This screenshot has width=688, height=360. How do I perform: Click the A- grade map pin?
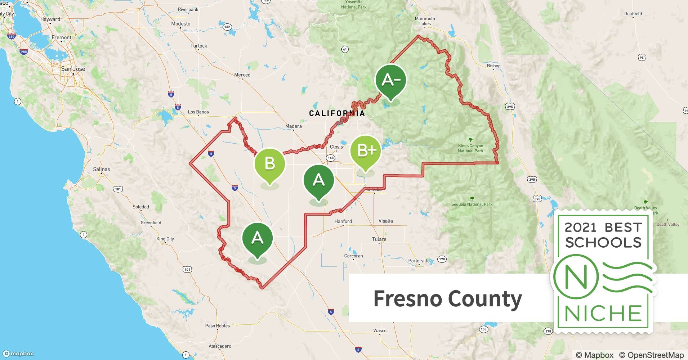[x=390, y=80]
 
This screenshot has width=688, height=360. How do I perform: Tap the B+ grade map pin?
[x=366, y=151]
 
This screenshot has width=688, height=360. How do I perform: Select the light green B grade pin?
[x=270, y=164]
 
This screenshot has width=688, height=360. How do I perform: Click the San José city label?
[x=73, y=69]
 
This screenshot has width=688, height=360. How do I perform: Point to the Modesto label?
[x=181, y=24]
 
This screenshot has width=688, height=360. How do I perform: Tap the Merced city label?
[x=242, y=75]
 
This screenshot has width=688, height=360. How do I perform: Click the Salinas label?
[x=102, y=169]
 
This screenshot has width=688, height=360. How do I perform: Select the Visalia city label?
[x=385, y=221]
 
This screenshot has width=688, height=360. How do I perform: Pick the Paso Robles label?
[x=218, y=326]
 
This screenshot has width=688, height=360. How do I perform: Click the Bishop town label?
[x=493, y=66]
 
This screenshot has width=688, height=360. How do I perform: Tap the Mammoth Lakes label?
[x=425, y=21]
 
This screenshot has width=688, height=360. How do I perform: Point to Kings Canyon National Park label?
[x=470, y=148]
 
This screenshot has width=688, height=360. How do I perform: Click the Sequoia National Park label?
[x=472, y=204]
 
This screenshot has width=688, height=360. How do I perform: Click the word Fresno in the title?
[x=408, y=298]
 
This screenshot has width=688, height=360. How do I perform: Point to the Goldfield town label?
[x=633, y=14]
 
